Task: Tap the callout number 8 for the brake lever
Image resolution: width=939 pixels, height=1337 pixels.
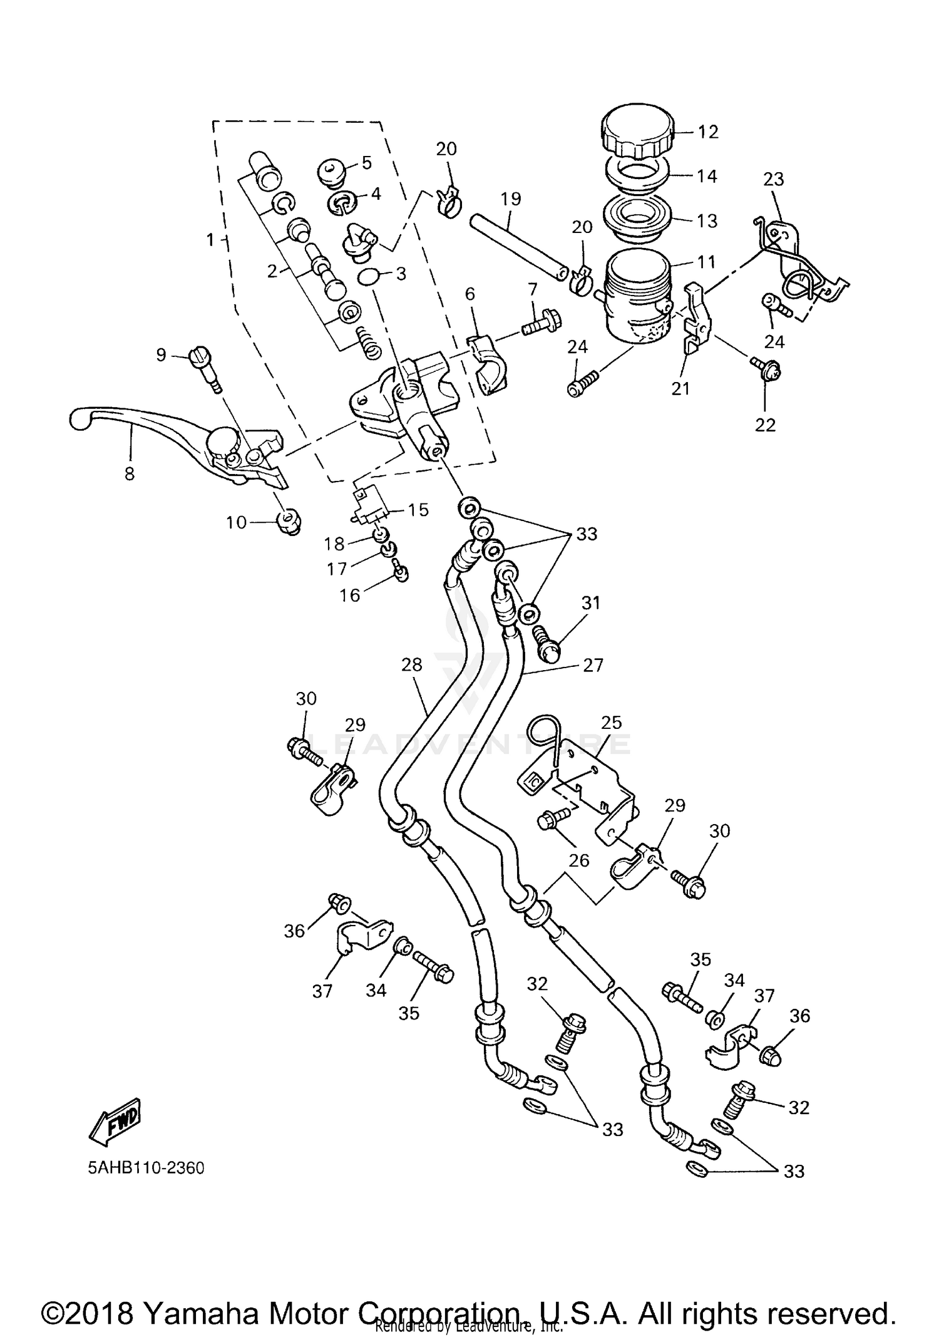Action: (130, 474)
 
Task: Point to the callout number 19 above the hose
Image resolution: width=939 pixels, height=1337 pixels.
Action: (511, 199)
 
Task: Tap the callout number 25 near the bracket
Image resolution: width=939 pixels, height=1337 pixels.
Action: (611, 722)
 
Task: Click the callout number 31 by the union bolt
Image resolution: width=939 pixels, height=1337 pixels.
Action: (590, 602)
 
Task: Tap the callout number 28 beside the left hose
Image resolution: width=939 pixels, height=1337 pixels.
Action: (412, 664)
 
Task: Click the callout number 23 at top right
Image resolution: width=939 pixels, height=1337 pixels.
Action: (773, 179)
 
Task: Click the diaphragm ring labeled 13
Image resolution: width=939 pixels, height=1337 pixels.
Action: (637, 220)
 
